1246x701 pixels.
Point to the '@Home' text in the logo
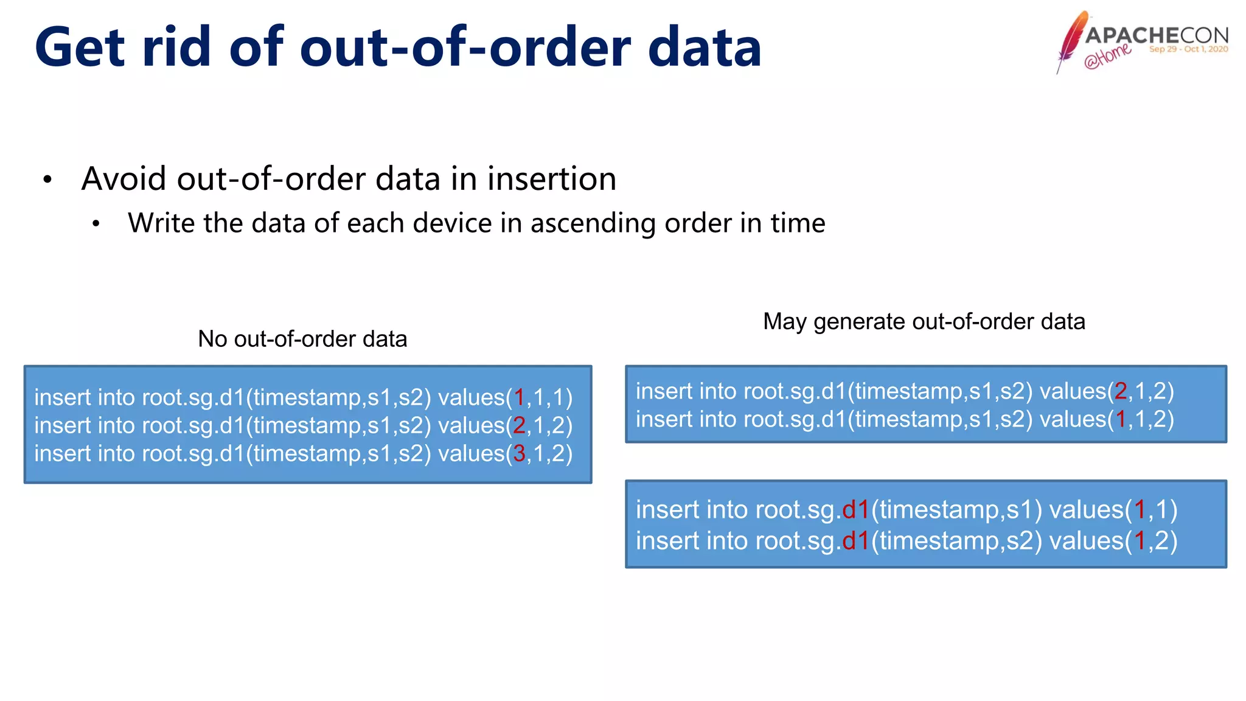pos(1107,56)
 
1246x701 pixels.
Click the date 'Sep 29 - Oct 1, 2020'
pos(1188,49)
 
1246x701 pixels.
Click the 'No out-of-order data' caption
pos(302,339)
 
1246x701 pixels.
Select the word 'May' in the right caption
pos(784,322)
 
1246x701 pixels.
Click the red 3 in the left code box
pos(519,454)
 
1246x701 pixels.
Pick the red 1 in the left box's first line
pos(519,398)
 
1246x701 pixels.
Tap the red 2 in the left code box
pos(519,426)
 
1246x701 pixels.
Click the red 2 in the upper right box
pos(1121,391)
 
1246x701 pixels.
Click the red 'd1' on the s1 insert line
pos(855,510)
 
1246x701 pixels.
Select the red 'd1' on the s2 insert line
pos(855,541)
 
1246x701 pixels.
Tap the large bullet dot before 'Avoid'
pos(47,180)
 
